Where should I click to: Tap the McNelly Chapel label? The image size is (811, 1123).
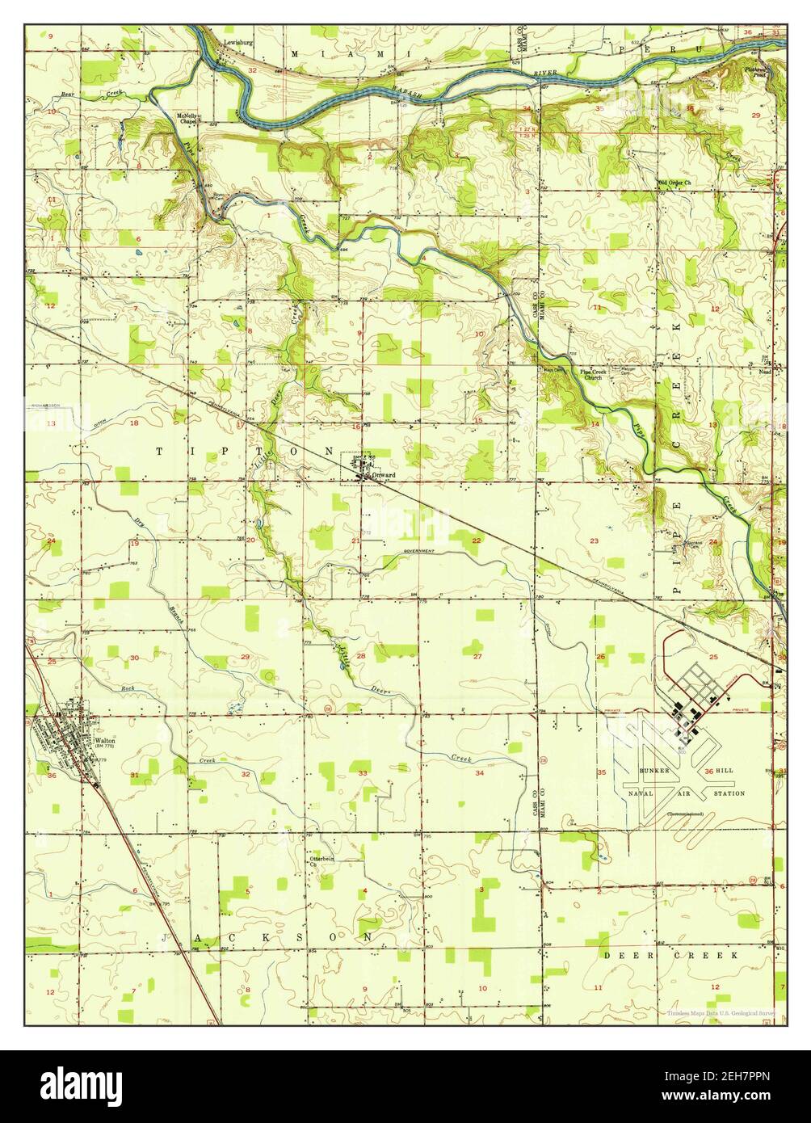(187, 119)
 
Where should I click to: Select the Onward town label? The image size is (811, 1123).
(383, 476)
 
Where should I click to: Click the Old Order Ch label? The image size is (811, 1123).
(675, 183)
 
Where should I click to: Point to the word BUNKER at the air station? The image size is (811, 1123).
(655, 772)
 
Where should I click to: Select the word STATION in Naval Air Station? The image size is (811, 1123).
(729, 794)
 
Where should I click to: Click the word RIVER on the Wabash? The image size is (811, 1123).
(546, 74)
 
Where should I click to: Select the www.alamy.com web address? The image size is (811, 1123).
(728, 1096)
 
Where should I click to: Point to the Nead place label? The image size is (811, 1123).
(765, 373)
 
